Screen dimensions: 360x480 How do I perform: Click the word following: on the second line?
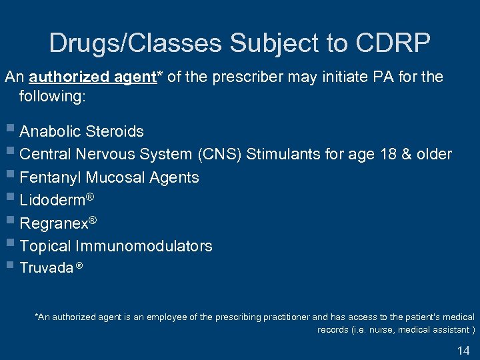pos(53,96)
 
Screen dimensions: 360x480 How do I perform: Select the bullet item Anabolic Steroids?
pos(81,131)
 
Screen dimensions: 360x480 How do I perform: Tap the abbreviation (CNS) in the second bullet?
pos(220,155)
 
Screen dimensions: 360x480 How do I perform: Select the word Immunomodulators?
pos(144,246)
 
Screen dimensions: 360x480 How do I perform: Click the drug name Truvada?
pos(46,268)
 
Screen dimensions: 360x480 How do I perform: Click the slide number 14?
pos(463,351)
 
